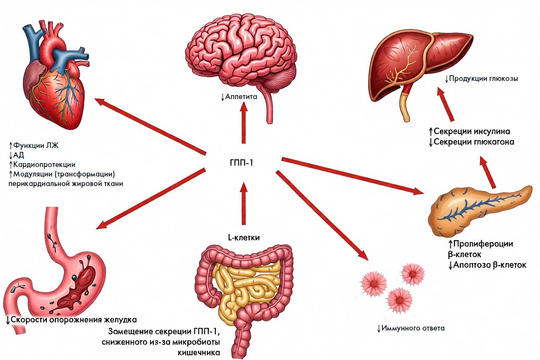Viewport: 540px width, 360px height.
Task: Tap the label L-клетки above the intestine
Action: (x=244, y=237)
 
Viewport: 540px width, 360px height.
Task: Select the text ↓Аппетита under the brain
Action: (x=238, y=96)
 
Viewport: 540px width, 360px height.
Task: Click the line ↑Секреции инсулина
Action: (x=469, y=132)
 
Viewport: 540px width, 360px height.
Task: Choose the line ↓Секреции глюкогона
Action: (x=471, y=142)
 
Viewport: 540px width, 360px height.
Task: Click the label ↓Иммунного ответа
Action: (x=410, y=328)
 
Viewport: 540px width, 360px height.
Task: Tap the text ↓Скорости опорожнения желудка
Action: (x=71, y=320)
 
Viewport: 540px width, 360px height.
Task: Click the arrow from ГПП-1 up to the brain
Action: (x=244, y=123)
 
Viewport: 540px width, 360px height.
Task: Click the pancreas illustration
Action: (x=476, y=208)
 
